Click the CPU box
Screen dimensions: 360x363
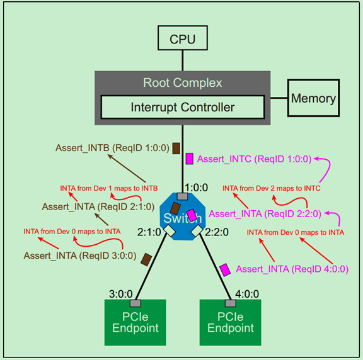(x=182, y=39)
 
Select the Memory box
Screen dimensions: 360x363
(x=313, y=98)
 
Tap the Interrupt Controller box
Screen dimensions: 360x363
(x=182, y=107)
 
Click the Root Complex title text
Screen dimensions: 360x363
(x=182, y=82)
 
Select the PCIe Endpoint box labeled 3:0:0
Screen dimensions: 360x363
(x=135, y=322)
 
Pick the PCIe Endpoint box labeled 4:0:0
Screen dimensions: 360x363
(x=230, y=322)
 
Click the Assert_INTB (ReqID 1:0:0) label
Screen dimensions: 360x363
(x=111, y=149)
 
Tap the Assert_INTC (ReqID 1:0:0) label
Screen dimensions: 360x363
(x=254, y=159)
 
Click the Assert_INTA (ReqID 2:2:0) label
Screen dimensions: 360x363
(x=265, y=213)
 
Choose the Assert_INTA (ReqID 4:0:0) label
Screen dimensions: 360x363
(x=292, y=269)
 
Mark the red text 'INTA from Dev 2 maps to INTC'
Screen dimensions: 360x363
(x=272, y=188)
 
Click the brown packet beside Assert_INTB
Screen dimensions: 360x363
(x=176, y=149)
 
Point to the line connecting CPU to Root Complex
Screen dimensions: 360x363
(x=182, y=60)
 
